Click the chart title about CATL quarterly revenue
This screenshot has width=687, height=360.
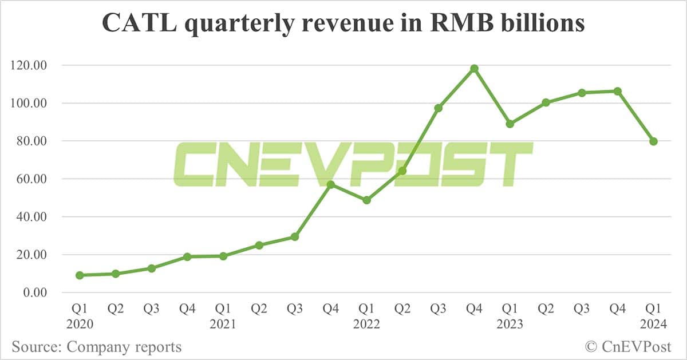pyautogui.click(x=343, y=23)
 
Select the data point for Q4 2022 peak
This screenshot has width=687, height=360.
pyautogui.click(x=474, y=69)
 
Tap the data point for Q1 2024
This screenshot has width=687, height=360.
pyautogui.click(x=653, y=141)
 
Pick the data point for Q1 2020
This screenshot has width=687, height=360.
pyautogui.click(x=80, y=275)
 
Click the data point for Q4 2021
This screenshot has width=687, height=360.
pyautogui.click(x=330, y=184)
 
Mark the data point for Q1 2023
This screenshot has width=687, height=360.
pyautogui.click(x=510, y=124)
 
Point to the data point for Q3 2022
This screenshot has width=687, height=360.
pyautogui.click(x=439, y=108)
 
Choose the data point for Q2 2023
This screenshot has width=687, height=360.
pyautogui.click(x=546, y=102)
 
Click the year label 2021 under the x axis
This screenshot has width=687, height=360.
pyautogui.click(x=223, y=325)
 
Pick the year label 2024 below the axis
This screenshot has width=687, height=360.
pyautogui.click(x=653, y=325)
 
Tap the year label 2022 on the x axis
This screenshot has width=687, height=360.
pyautogui.click(x=366, y=325)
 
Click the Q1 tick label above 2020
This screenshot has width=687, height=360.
pyautogui.click(x=80, y=309)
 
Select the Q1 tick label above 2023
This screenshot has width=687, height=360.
pyautogui.click(x=510, y=309)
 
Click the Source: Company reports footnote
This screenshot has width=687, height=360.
pyautogui.click(x=96, y=347)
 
